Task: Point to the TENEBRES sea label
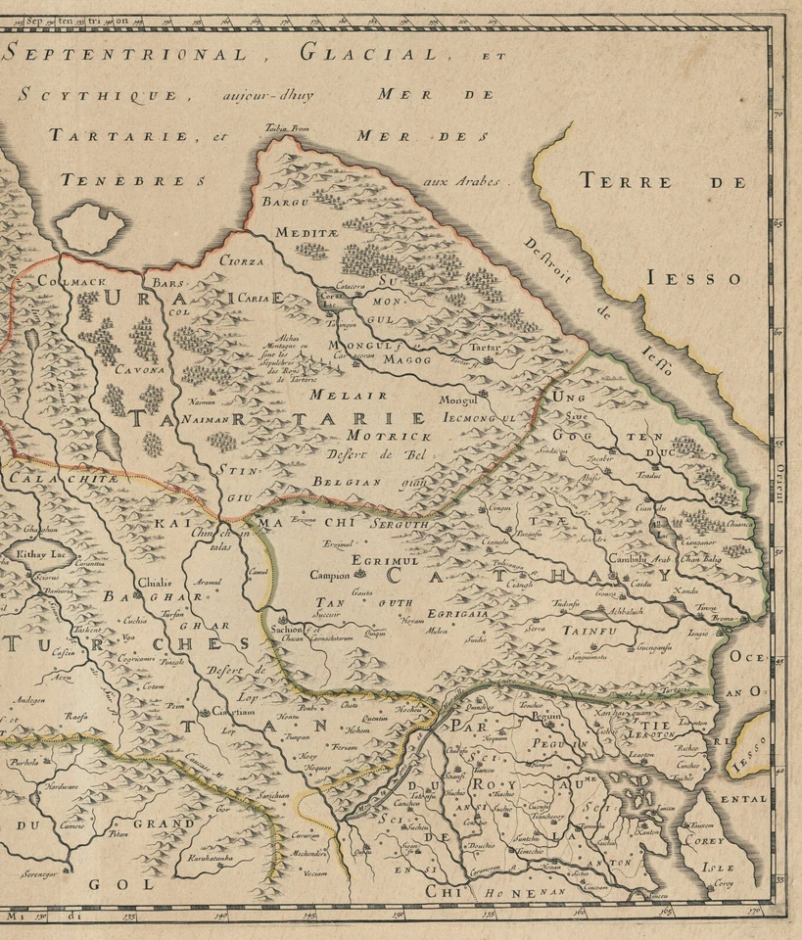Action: coord(132,180)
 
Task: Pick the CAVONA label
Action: coord(139,370)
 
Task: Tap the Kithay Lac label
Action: coord(38,554)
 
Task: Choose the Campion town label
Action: coord(329,576)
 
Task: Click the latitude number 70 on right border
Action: coord(778,116)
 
